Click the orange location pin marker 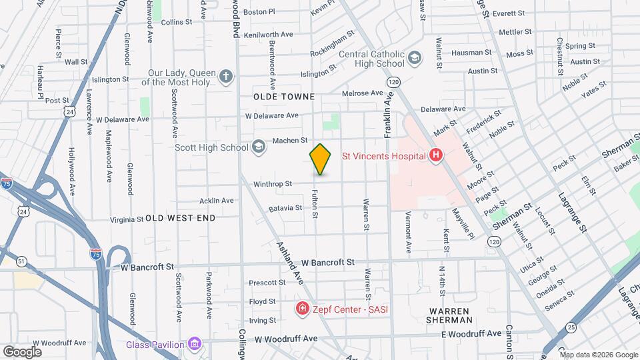[321, 159]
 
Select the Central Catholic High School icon [415, 59]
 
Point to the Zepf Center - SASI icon [302, 309]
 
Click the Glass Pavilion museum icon [194, 344]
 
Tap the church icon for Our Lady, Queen [226, 76]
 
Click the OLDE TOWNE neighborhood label [284, 97]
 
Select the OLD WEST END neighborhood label [181, 218]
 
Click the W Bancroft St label [327, 263]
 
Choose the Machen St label [289, 141]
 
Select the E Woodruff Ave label [471, 333]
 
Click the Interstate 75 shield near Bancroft [96, 254]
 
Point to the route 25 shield [571, 327]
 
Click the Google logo [22, 351]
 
